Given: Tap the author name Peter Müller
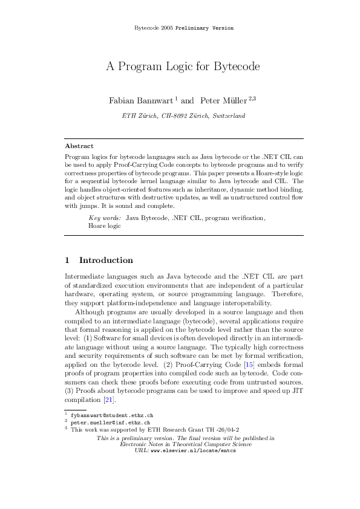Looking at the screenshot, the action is pyautogui.click(x=220, y=100).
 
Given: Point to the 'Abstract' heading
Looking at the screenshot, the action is pyautogui.click(x=79, y=146).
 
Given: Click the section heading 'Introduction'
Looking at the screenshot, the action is pyautogui.click(x=106, y=261).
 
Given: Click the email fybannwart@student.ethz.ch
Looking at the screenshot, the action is pyautogui.click(x=111, y=416).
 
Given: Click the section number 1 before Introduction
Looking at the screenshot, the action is pyautogui.click(x=67, y=261).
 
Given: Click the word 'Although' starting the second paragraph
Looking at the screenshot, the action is pyautogui.click(x=90, y=312).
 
